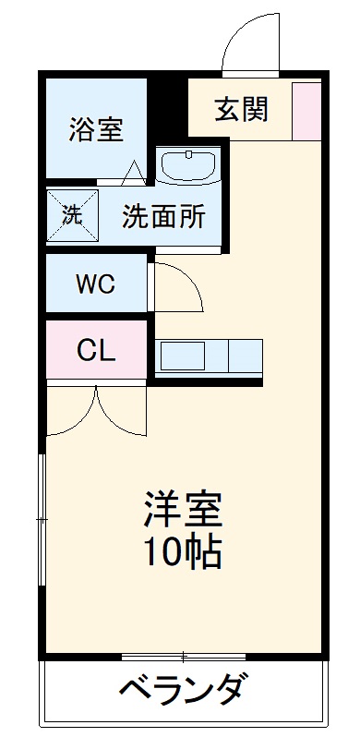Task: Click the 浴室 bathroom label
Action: [x=96, y=130]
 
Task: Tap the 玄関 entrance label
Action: [x=242, y=108]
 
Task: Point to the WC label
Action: [x=95, y=284]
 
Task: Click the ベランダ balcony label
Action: [x=183, y=690]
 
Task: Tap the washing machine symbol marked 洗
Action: [x=71, y=213]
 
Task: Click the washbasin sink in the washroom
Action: [x=188, y=166]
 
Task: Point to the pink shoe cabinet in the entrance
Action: [x=306, y=111]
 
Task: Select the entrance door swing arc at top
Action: [x=252, y=42]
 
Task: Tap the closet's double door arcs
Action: [x=96, y=411]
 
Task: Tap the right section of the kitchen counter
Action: [x=246, y=356]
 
